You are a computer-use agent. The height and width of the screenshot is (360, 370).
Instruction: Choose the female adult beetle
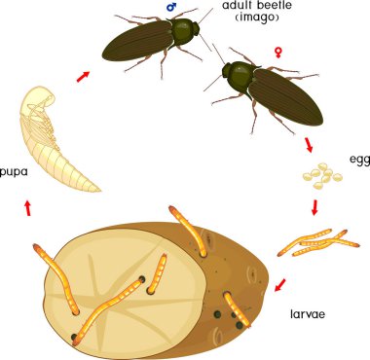pyautogui.click(x=258, y=91)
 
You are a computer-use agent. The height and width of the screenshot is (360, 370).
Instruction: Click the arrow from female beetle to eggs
pyautogui.click(x=309, y=145)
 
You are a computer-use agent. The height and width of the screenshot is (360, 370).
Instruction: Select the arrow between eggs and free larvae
pyautogui.click(x=314, y=207)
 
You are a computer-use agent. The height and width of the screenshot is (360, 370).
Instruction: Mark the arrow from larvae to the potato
pyautogui.click(x=280, y=285)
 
